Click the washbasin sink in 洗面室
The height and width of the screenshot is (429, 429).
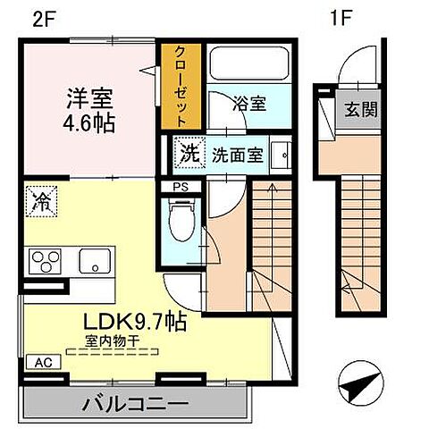click(x=282, y=154)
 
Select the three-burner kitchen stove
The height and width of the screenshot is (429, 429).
click(x=42, y=263)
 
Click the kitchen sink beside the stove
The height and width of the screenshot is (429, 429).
click(x=92, y=262)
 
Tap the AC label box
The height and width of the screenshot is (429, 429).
click(x=41, y=363)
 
